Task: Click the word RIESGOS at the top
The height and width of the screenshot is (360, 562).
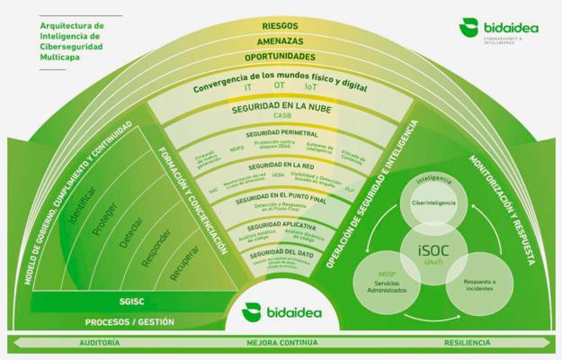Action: [x=281, y=26]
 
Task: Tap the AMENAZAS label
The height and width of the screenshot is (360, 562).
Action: [x=281, y=41]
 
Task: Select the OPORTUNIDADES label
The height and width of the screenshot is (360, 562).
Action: [x=281, y=57]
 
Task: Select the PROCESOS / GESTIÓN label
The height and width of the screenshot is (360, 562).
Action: [x=130, y=321]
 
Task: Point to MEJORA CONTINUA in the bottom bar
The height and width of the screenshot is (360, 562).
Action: [x=281, y=344]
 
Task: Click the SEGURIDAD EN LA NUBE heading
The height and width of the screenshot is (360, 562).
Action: [x=281, y=109]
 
